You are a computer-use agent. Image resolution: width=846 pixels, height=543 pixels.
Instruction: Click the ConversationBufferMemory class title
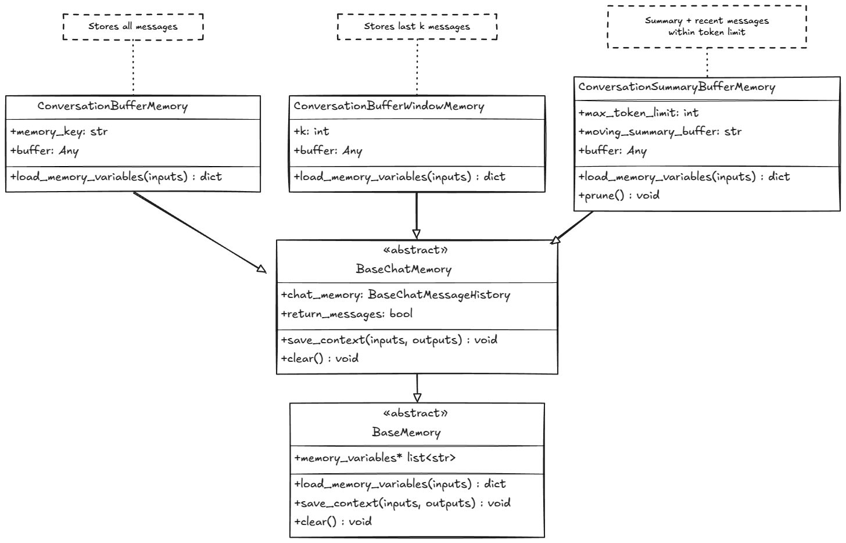tap(113, 106)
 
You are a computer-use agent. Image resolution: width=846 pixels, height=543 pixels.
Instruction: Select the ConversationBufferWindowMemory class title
tap(389, 106)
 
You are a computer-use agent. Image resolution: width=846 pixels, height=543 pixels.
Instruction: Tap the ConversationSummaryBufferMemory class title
tap(676, 87)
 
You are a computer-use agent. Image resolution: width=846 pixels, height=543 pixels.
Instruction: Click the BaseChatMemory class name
tap(403, 269)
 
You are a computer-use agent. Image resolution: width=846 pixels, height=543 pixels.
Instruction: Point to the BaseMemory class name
tap(406, 433)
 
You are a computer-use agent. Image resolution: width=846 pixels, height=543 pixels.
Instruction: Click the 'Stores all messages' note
tap(133, 26)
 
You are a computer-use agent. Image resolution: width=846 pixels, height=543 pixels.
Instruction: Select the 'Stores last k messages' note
tap(417, 26)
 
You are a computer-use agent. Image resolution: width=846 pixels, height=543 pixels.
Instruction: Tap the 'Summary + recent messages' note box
tap(707, 26)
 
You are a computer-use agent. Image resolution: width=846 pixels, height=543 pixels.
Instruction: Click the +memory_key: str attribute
tap(59, 132)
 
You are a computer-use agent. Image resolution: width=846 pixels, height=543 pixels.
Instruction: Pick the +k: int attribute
tap(311, 132)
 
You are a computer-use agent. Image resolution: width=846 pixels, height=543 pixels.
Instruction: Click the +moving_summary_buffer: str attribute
tap(659, 132)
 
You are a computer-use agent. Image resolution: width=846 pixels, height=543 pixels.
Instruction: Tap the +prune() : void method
tap(619, 196)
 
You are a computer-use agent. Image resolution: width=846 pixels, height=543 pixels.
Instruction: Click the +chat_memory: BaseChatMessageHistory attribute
tap(395, 295)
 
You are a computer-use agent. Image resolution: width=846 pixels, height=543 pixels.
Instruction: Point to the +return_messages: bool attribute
tap(346, 314)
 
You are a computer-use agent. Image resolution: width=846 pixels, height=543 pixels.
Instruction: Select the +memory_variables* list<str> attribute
tap(375, 458)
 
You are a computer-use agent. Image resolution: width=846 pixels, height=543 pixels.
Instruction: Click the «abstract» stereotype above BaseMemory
tap(415, 413)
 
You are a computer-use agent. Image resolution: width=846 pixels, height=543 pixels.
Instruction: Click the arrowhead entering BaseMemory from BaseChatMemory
tap(417, 398)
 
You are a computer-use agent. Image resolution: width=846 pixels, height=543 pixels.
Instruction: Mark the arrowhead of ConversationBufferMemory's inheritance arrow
tap(261, 269)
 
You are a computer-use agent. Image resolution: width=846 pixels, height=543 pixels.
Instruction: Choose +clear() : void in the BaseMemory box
tap(333, 522)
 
